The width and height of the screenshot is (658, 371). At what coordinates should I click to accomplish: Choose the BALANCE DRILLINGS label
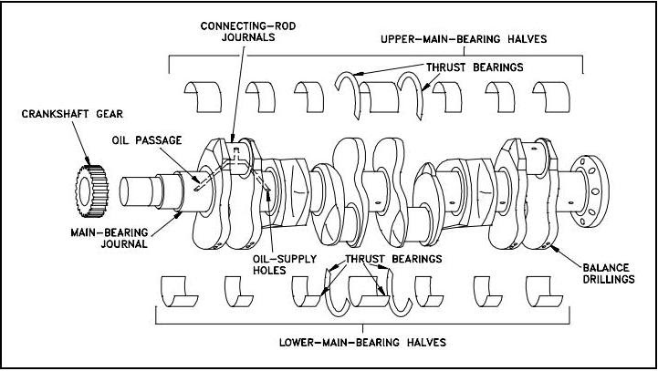click(x=610, y=273)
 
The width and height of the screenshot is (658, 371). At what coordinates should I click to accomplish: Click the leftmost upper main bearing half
click(x=200, y=92)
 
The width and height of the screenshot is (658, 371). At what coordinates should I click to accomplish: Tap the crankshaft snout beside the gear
click(x=137, y=192)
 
